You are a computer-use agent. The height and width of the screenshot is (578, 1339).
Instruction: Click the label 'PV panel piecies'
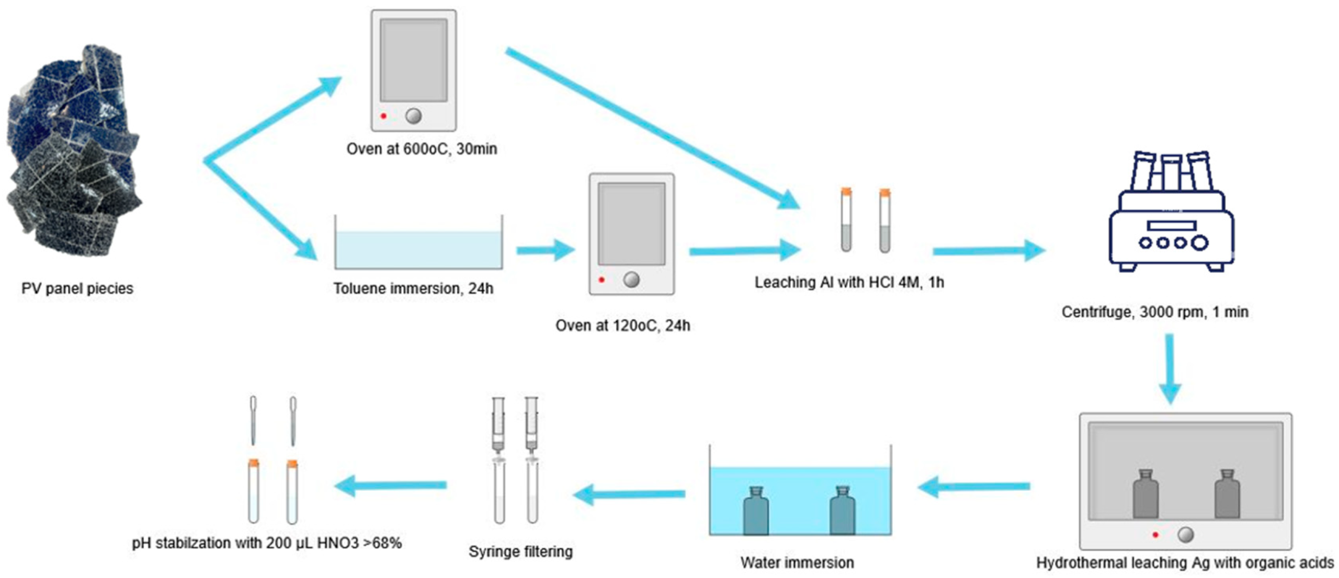[x=77, y=288]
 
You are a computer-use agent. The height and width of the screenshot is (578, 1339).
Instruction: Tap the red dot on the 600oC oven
[x=383, y=116]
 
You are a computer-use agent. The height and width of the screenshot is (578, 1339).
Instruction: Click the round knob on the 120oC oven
[x=631, y=280]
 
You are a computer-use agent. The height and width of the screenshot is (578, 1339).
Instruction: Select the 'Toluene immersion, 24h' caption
[x=413, y=288]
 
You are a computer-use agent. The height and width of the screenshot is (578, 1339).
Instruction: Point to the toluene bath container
[x=418, y=243]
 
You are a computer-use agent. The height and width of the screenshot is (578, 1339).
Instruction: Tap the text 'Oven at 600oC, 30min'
[x=422, y=149]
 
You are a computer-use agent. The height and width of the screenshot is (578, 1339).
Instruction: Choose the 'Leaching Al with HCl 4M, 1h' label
[x=849, y=283]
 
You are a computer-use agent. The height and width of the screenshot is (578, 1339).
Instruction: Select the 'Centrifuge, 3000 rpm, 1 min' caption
[x=1155, y=312]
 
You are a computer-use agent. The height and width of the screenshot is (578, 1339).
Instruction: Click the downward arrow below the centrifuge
[x=1170, y=368]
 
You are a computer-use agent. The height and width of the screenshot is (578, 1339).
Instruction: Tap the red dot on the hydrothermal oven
[x=1155, y=535]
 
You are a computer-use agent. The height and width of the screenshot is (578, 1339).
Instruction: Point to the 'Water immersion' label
[x=797, y=563]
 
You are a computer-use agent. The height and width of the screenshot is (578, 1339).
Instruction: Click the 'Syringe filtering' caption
[x=520, y=551]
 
